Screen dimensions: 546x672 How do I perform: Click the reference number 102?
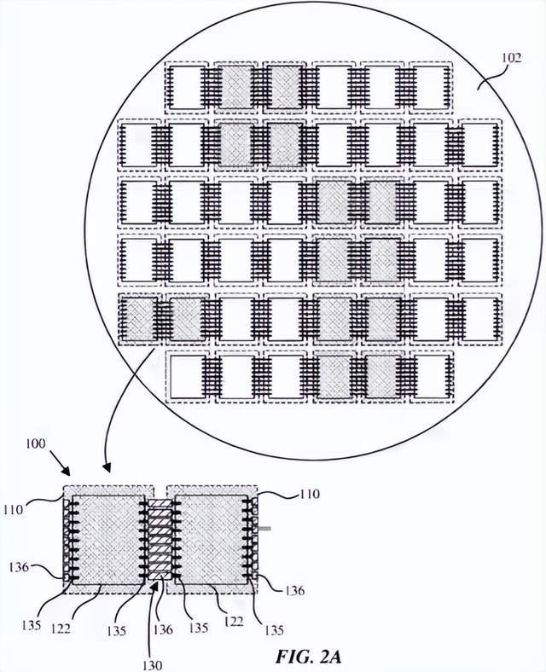pos(511,57)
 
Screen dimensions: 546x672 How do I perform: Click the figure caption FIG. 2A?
pos(308,656)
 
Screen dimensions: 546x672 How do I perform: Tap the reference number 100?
pos(35,443)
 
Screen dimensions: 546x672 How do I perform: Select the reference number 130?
pos(152,664)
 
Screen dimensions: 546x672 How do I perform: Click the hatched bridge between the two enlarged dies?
pos(160,539)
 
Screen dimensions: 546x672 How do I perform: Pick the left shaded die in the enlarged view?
pos(108,540)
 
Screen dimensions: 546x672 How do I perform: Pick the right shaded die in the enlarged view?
pos(211,540)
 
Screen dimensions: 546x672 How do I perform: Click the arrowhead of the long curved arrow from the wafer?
pos(106,468)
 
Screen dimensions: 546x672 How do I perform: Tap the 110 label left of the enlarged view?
pos(14,510)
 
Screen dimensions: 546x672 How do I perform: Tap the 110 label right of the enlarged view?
pos(310,494)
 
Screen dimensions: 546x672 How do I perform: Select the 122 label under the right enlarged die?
pos(234,621)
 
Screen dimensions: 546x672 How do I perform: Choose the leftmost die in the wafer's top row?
pos(187,88)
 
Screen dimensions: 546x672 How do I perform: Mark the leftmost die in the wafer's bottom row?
pos(187,377)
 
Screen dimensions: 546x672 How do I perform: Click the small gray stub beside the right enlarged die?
pos(264,529)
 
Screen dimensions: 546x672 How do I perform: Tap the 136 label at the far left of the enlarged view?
pos(19,567)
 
